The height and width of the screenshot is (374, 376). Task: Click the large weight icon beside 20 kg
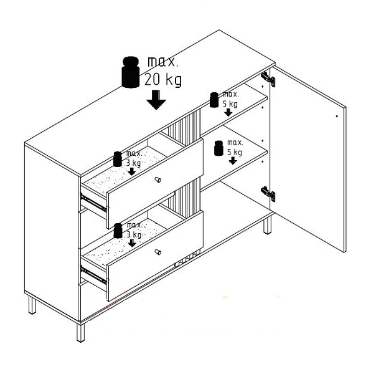click(131, 72)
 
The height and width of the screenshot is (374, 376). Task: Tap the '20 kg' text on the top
click(163, 80)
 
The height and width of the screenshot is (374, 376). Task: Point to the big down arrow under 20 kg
click(156, 100)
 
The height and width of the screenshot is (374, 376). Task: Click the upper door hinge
click(268, 79)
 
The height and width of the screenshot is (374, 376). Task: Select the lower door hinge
click(268, 194)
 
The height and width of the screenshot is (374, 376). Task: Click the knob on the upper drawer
click(157, 180)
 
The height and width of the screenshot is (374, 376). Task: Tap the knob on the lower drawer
click(157, 252)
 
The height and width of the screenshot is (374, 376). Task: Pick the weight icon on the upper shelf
click(214, 100)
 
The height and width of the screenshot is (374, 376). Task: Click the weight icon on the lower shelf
click(219, 148)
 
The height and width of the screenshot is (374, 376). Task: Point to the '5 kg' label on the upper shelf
click(230, 103)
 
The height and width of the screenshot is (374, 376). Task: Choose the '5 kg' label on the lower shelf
click(235, 152)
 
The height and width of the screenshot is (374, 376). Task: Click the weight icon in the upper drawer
click(118, 159)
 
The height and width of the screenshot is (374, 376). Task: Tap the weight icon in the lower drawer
click(118, 231)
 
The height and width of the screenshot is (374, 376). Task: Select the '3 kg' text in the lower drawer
click(134, 234)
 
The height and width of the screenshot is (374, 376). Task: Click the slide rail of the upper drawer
click(93, 203)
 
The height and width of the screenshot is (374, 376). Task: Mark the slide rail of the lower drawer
click(93, 274)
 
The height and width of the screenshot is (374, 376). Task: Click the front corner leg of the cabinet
click(80, 332)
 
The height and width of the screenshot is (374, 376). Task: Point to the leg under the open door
click(268, 224)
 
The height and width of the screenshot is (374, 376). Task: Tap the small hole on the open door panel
click(337, 116)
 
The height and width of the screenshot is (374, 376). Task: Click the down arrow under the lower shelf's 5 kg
click(233, 161)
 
